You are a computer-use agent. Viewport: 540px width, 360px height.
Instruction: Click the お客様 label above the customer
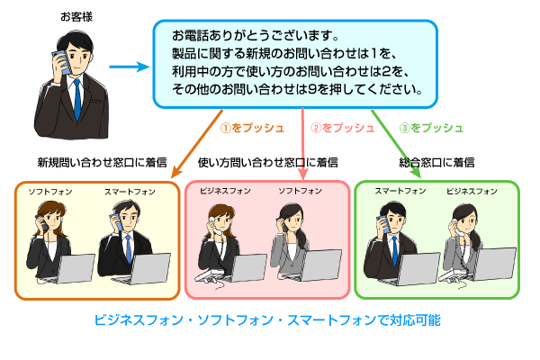76,16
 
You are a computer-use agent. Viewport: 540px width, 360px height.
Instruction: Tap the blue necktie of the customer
77,99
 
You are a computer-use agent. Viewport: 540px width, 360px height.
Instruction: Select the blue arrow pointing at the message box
130,67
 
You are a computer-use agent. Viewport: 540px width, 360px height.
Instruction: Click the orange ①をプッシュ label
252,128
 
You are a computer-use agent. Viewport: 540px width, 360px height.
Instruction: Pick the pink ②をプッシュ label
342,128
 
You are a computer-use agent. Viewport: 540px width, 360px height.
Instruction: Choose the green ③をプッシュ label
431,128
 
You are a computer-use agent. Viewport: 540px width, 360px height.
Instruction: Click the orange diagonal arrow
196,144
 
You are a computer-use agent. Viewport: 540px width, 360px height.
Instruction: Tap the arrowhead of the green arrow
417,171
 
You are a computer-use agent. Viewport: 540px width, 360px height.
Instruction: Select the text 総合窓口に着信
436,162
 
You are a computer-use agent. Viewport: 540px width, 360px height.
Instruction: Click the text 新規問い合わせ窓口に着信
102,162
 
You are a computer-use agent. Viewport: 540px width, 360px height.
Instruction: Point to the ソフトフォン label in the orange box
50,192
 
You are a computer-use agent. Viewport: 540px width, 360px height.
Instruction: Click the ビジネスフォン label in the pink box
225,191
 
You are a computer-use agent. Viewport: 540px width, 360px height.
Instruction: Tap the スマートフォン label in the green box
400,191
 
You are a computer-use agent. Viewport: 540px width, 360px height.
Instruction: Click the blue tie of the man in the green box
395,252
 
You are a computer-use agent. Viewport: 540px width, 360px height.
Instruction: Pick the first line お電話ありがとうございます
256,35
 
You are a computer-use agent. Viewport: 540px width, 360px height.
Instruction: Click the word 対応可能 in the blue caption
415,320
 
